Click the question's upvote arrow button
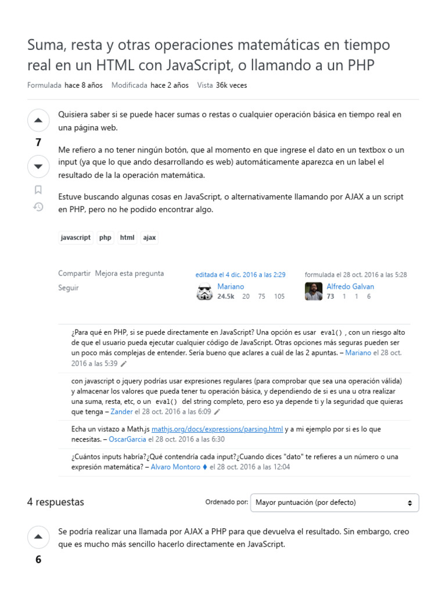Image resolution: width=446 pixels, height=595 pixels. (38, 120)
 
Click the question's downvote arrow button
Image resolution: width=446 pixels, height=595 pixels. (38, 167)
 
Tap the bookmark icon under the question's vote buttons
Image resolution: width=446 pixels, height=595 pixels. (38, 189)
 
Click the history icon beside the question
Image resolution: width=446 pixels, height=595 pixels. (38, 207)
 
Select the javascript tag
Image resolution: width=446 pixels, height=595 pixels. (76, 238)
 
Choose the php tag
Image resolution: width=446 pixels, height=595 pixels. (105, 238)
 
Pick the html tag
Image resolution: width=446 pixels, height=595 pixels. (127, 238)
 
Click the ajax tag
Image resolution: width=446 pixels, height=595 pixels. (149, 238)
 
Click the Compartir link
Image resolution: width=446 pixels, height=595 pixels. (74, 273)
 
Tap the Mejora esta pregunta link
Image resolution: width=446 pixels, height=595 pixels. (130, 273)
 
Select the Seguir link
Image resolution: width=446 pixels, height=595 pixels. (68, 288)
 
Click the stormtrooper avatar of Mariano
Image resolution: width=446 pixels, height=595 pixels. (204, 291)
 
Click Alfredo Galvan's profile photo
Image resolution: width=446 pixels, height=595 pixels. (314, 291)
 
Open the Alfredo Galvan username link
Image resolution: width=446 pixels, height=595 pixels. (350, 286)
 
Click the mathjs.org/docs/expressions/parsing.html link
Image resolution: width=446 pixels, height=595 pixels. (217, 429)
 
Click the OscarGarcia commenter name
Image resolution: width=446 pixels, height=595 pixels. (128, 439)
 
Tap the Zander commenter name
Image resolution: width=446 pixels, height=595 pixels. (121, 411)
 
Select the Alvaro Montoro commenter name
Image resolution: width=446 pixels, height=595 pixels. (175, 467)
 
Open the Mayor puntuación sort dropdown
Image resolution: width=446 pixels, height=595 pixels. (334, 503)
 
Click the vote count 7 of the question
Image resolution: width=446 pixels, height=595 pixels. (38, 143)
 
